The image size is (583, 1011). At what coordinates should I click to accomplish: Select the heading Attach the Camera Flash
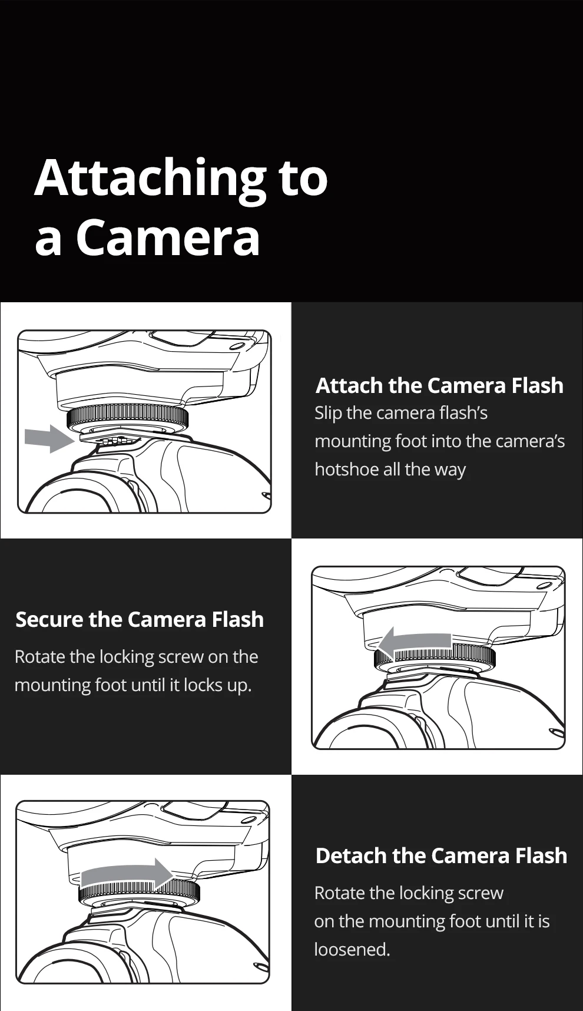(439, 385)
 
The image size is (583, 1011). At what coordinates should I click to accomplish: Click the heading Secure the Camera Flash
(140, 619)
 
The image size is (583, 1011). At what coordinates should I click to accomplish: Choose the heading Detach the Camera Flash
(441, 855)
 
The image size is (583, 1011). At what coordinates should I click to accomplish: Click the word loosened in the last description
(351, 949)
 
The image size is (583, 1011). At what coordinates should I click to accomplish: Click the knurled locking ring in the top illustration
(128, 417)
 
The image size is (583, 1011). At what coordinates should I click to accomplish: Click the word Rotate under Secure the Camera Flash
(40, 657)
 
